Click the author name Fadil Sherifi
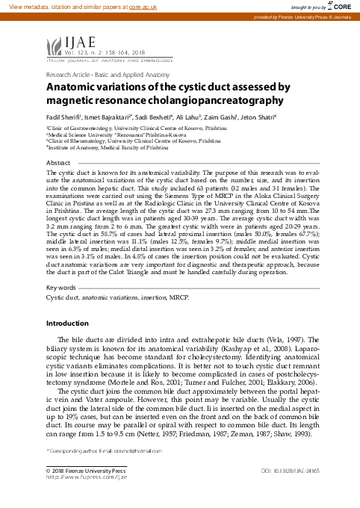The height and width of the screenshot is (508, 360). click(x=66, y=117)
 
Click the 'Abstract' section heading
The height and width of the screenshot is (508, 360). click(x=59, y=162)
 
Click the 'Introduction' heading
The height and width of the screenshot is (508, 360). click(x=67, y=323)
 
